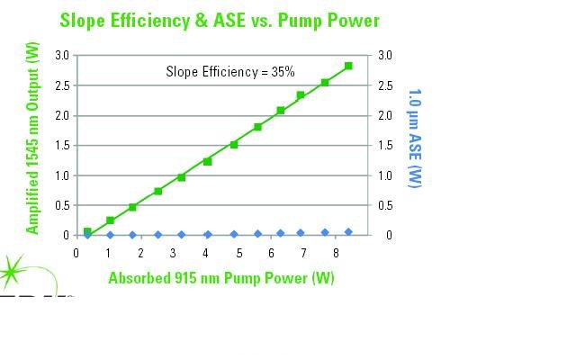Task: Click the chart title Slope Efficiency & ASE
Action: tap(220, 20)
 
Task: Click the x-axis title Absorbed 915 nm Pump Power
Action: tap(221, 278)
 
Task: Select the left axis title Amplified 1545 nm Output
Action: tap(33, 145)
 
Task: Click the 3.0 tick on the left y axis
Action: tap(62, 55)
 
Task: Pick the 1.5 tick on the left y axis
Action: tap(62, 145)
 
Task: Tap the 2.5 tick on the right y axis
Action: tap(385, 85)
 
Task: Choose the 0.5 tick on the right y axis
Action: tap(385, 205)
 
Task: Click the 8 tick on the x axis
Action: tap(336, 253)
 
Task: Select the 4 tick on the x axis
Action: tap(206, 253)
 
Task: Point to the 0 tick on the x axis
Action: tap(76, 253)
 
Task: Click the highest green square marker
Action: tap(348, 66)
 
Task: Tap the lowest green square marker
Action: tap(87, 231)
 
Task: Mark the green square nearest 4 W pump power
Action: tap(207, 161)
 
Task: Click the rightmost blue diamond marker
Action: tap(348, 232)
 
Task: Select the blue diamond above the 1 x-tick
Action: tap(110, 235)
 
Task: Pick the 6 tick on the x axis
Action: tap(271, 253)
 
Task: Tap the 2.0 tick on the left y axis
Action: tap(62, 115)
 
